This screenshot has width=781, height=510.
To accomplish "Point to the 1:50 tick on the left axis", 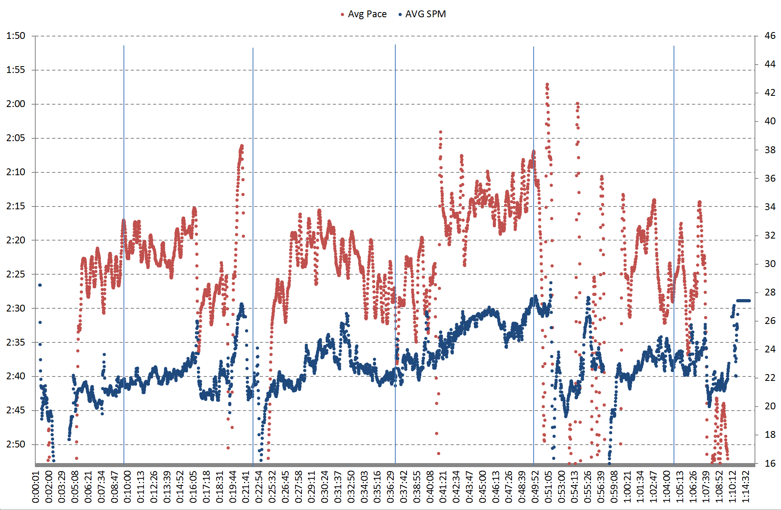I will (16, 36).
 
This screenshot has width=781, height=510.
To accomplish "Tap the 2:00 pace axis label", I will (16, 104).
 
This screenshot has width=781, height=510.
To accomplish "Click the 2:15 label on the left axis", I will (16, 206).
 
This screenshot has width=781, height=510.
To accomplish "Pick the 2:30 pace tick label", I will (16, 308).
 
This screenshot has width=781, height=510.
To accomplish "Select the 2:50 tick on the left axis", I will (16, 444).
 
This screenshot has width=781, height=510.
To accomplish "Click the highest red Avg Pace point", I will (547, 85).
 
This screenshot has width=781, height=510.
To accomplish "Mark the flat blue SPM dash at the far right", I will (743, 301).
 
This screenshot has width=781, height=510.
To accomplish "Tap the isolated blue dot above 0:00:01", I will (40, 285).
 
